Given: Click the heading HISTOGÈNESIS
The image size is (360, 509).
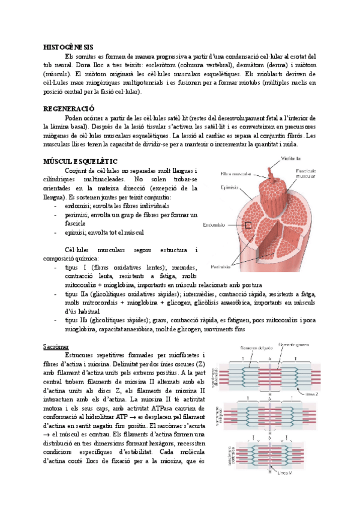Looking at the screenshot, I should click(x=68, y=46).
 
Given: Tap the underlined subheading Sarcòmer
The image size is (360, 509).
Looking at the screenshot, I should click(x=56, y=347).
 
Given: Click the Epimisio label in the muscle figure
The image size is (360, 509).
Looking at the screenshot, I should click(x=230, y=187).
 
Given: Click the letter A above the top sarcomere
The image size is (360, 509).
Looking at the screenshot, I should click(x=270, y=358).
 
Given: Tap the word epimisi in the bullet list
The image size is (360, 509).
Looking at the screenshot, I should click(x=74, y=232).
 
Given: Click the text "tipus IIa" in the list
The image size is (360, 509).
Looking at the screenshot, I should click(x=75, y=294).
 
